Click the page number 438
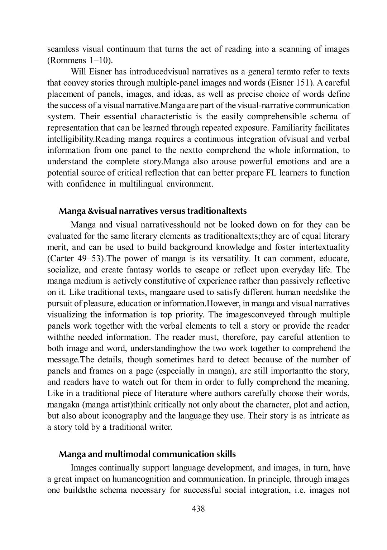[199, 508]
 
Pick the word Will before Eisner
[78, 72]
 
